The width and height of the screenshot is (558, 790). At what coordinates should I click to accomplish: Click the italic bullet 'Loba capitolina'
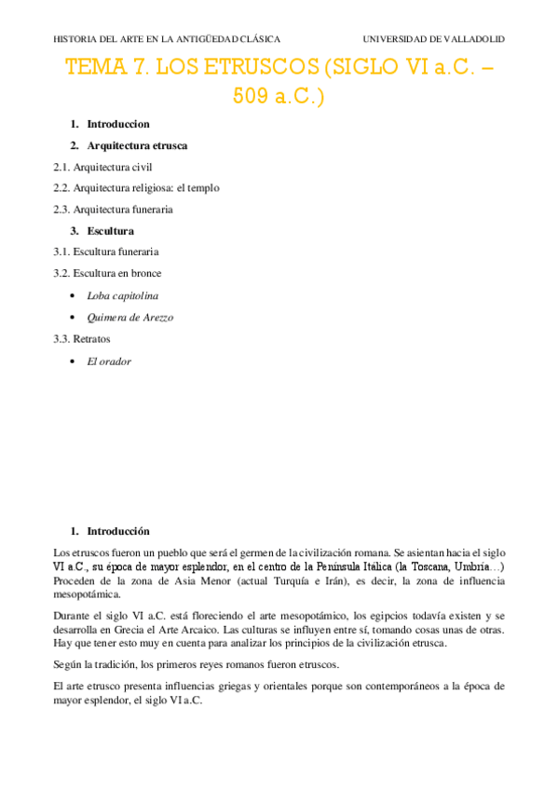[123, 295]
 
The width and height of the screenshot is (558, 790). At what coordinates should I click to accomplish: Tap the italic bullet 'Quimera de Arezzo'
[129, 317]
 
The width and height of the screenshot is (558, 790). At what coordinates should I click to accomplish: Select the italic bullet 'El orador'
[109, 361]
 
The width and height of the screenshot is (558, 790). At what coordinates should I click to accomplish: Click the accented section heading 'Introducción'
[118, 531]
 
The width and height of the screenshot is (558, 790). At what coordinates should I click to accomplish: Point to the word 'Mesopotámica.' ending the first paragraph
[88, 593]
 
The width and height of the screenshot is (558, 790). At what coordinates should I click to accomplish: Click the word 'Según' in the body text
[69, 665]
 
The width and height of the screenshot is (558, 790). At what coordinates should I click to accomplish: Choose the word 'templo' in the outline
[204, 188]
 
